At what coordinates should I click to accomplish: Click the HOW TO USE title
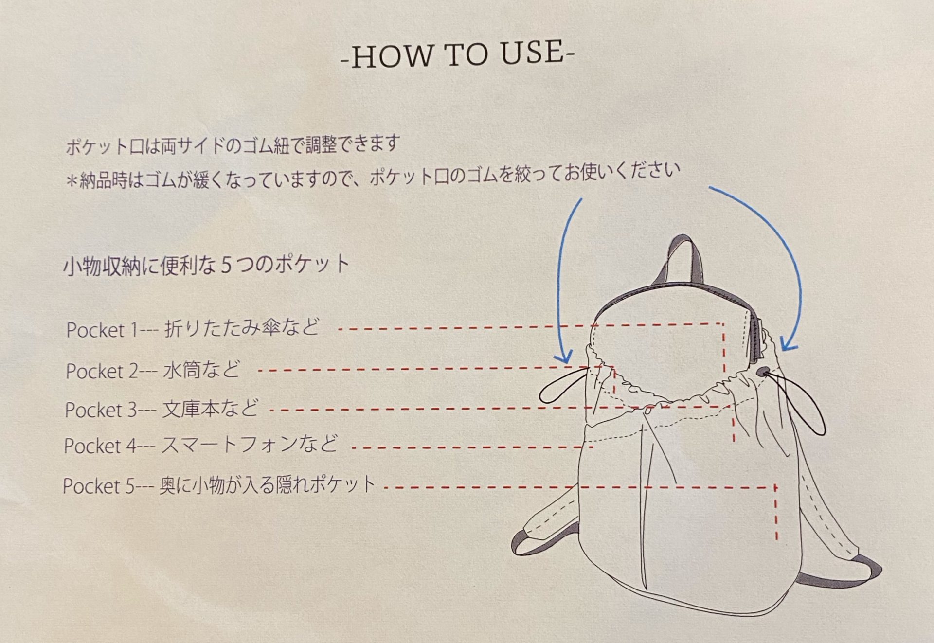(x=458, y=55)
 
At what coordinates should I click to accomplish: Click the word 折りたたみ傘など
(x=242, y=327)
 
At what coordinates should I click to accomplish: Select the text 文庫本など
(x=210, y=409)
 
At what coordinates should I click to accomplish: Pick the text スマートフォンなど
(x=249, y=445)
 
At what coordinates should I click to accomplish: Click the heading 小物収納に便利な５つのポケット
(x=207, y=266)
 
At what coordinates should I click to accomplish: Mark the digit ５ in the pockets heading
(x=226, y=266)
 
